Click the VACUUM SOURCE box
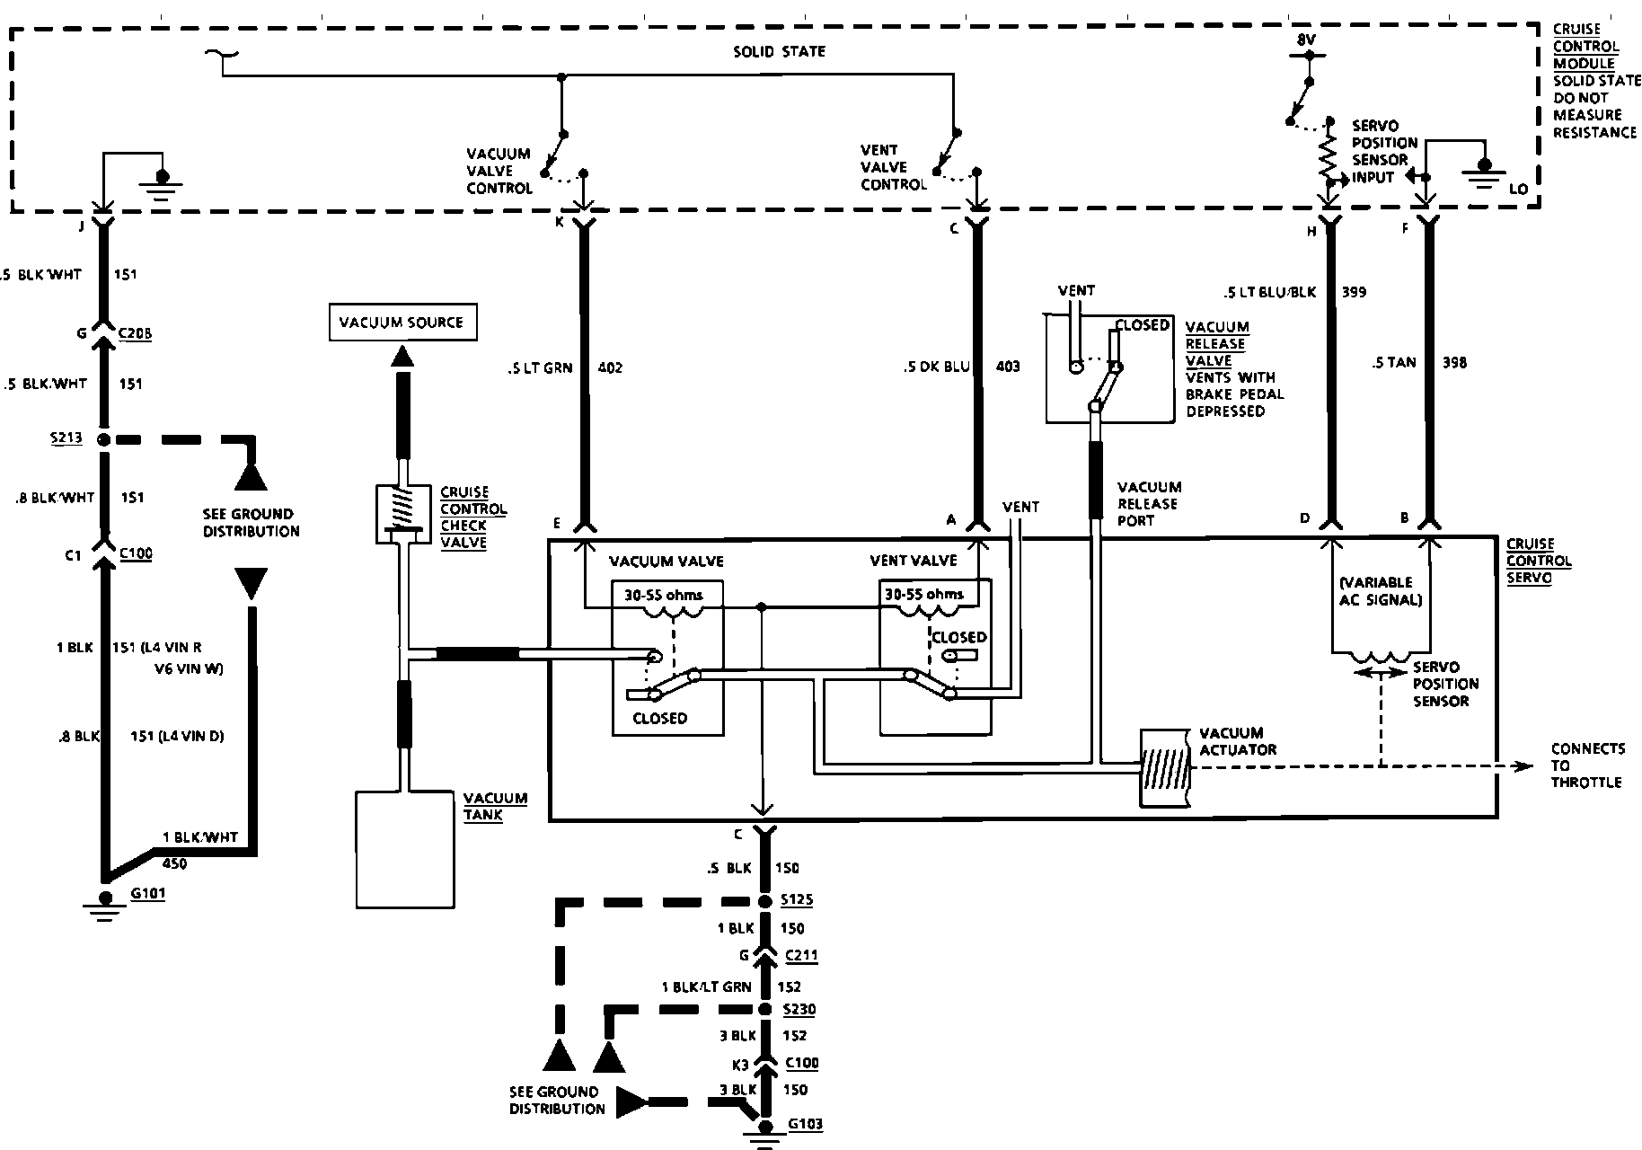point(402,323)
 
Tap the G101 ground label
point(147,894)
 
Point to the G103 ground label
point(805,1124)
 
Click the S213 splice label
point(67,438)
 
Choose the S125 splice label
point(799,899)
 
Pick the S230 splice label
point(799,1009)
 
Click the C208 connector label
point(135,333)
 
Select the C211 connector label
point(801,955)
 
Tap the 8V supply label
point(1306,40)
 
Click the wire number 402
point(609,367)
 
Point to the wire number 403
point(1008,367)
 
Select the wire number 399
point(1354,292)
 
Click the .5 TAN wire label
point(1394,362)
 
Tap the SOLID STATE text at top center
point(779,51)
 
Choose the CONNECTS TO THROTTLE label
point(1587,765)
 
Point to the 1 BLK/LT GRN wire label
point(706,986)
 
